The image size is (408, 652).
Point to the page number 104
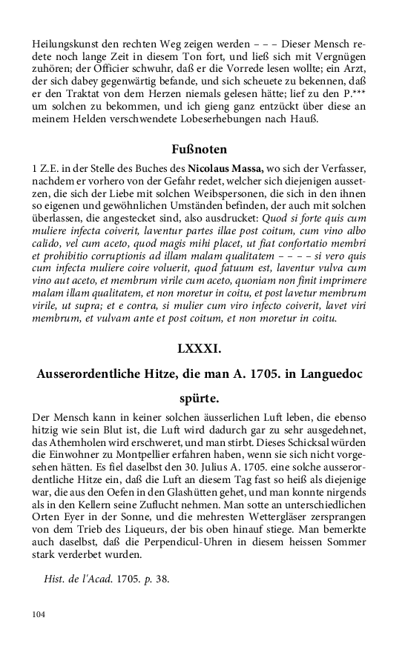(x=39, y=614)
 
